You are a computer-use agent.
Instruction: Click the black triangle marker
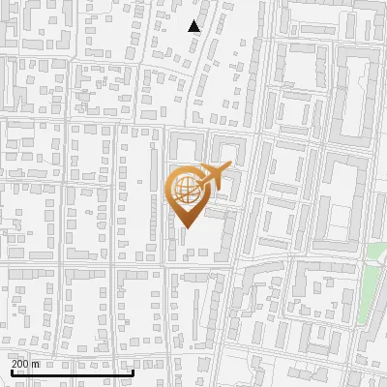(194, 26)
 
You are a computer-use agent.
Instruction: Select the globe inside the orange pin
(184, 191)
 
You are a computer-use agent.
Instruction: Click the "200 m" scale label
(26, 364)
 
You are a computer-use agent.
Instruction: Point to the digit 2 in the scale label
(15, 364)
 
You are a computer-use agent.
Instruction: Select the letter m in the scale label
(37, 364)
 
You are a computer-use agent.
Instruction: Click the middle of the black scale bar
(72, 372)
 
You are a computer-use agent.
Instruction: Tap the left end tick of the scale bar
(11, 372)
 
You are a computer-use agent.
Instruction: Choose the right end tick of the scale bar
(133, 372)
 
